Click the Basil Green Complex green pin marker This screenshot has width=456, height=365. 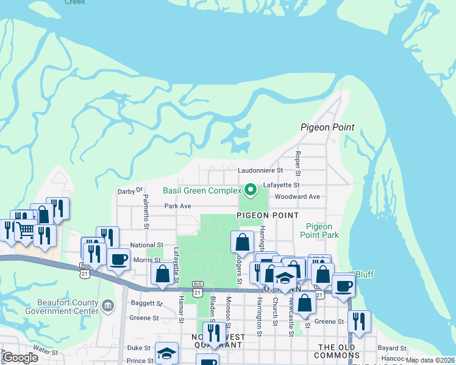click(x=249, y=190)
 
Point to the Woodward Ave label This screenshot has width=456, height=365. click(x=297, y=197)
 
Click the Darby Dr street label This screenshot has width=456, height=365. click(x=130, y=191)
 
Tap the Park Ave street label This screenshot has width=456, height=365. click(x=178, y=206)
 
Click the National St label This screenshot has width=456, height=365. click(x=146, y=245)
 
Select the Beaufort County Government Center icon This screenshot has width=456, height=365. click(x=108, y=304)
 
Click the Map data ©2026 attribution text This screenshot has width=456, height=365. click(x=430, y=360)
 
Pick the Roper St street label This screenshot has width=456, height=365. click(x=298, y=161)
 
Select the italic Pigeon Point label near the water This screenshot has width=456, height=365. click(x=327, y=128)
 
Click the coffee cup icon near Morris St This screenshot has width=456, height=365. click(x=118, y=259)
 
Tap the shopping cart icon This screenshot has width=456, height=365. click(x=25, y=230)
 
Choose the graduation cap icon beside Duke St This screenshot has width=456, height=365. click(x=166, y=353)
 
